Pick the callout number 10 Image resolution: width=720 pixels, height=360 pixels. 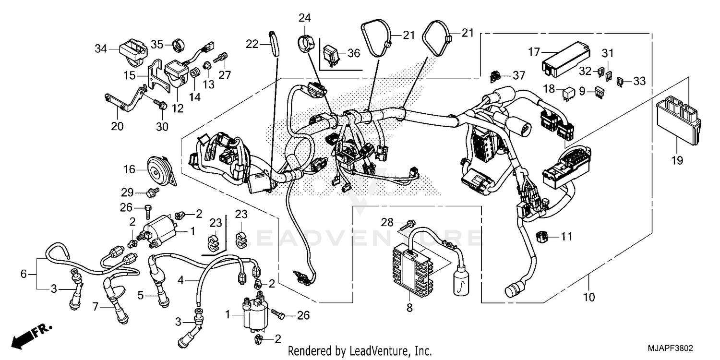tap(588, 298)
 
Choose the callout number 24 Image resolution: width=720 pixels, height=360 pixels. tap(305, 18)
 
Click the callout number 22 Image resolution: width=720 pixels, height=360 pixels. tap(252, 44)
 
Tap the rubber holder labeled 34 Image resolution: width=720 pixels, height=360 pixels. tap(128, 50)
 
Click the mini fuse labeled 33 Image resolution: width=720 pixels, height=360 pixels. tap(620, 82)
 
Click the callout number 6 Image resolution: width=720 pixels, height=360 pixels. tap(24, 275)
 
